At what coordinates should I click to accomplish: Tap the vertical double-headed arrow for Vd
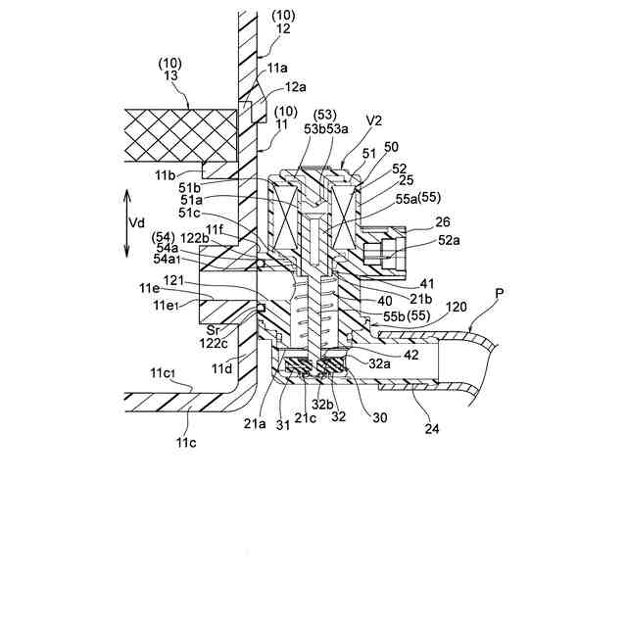point(126,223)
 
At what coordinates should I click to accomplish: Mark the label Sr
point(212,330)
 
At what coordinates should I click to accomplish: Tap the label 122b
point(193,237)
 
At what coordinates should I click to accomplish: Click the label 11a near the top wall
point(276,68)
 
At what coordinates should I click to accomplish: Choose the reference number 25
point(379,180)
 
